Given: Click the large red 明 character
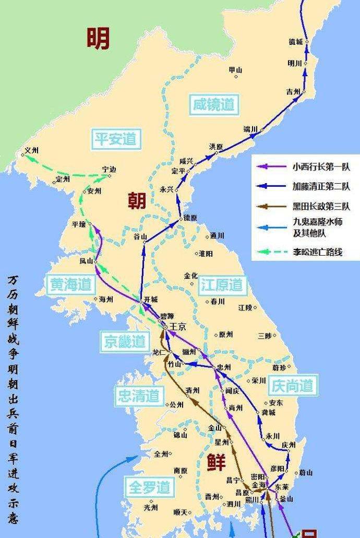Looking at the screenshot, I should [x=98, y=38].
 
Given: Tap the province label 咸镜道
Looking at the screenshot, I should [x=212, y=103].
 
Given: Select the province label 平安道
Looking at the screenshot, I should [x=115, y=138].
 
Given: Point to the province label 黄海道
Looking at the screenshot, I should [x=70, y=284].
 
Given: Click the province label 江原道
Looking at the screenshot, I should [x=221, y=284].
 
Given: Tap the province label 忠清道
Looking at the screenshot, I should [x=138, y=396].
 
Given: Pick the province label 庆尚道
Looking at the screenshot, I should [x=292, y=386].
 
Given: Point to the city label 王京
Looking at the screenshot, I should [x=178, y=327].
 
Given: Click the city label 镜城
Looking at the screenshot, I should [x=295, y=42].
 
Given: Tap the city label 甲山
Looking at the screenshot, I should [x=236, y=70].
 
